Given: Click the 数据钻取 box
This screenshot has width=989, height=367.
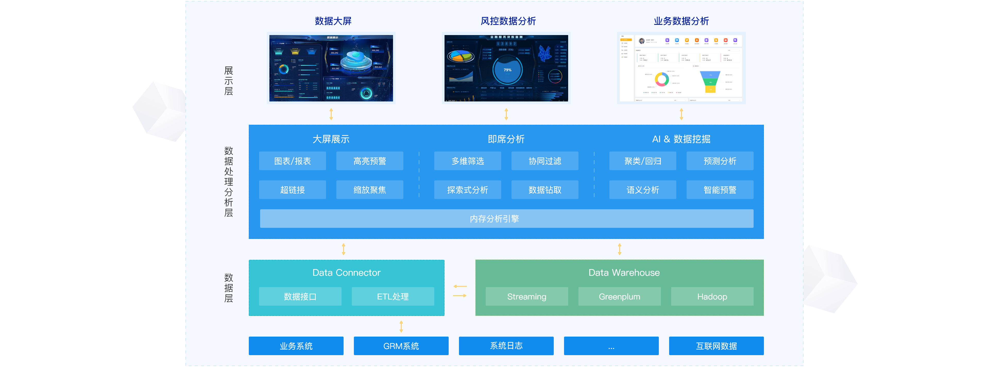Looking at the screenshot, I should click(x=544, y=190).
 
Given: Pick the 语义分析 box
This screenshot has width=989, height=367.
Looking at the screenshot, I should click(x=642, y=190).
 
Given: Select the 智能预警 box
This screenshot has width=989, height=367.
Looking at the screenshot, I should click(x=720, y=190).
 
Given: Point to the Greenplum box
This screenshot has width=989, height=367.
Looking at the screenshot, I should click(x=619, y=297).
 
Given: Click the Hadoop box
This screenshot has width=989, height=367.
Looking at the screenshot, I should click(x=712, y=297).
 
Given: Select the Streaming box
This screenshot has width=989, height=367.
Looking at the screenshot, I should click(x=526, y=297).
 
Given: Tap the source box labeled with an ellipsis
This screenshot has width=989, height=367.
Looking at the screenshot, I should click(x=611, y=346).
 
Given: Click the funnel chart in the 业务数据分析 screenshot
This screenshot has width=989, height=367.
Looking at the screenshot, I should click(x=710, y=81).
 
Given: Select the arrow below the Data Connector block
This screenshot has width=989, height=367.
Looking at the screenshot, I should click(x=401, y=326).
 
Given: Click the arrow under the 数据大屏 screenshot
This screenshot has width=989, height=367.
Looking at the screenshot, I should click(x=331, y=114).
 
